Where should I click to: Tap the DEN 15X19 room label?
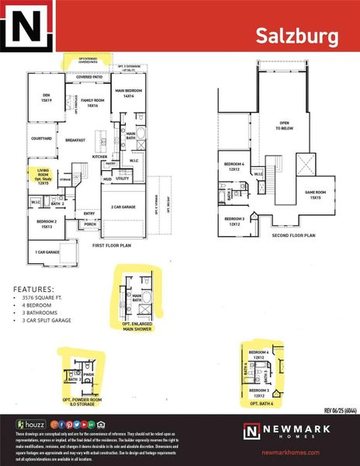46,99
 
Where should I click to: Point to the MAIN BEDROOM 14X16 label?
132,93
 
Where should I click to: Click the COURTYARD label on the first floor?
41,139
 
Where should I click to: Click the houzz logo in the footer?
29,424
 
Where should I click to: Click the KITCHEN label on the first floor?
100,157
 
